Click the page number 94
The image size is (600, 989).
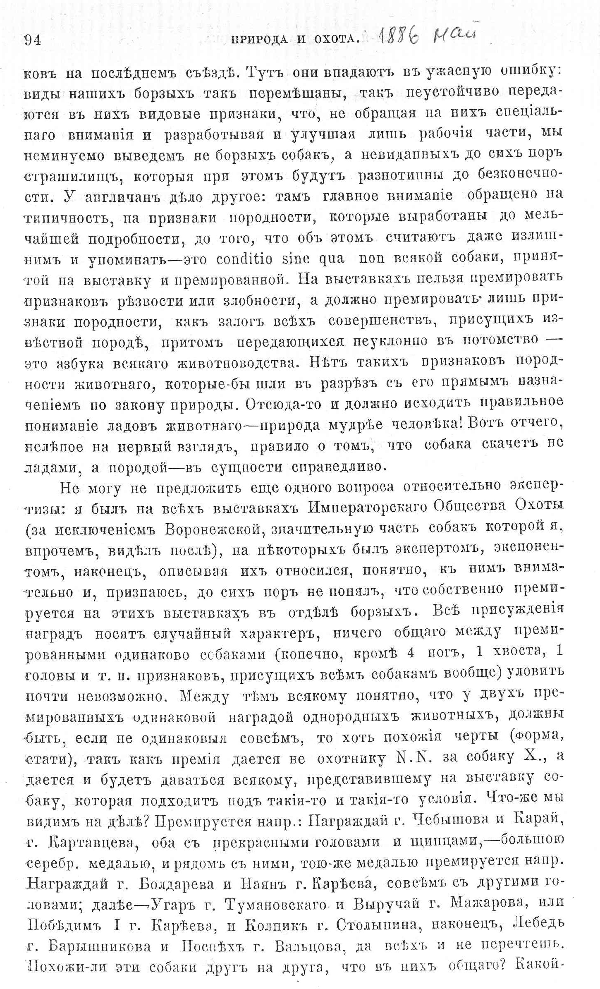32,40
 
